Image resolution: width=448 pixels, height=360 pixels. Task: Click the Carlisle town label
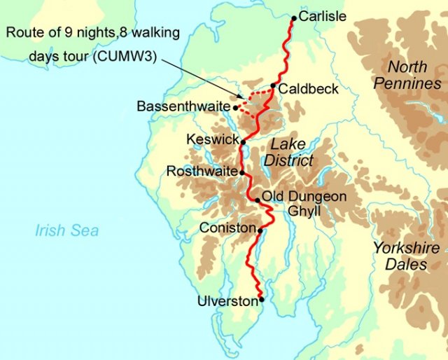click(x=322, y=16)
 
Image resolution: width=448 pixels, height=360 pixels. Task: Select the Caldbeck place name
click(x=308, y=90)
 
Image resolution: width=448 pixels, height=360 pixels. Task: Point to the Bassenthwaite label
click(x=183, y=106)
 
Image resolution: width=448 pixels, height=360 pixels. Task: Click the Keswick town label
click(x=213, y=140)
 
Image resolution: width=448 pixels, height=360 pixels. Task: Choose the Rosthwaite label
click(x=202, y=171)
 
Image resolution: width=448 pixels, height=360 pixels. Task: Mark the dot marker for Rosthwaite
click(x=242, y=172)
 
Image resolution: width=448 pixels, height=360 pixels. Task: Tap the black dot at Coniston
click(x=260, y=230)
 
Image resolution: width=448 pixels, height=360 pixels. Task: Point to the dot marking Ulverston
click(x=262, y=300)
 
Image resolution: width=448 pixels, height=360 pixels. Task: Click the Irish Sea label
click(x=67, y=231)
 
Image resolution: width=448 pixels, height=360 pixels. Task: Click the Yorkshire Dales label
click(x=406, y=256)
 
